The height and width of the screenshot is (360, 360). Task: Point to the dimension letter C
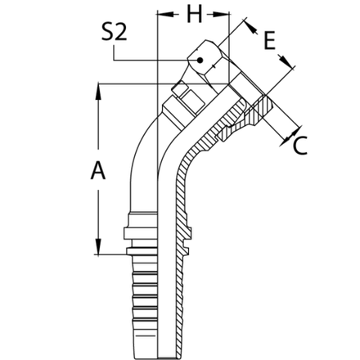tap(300, 147)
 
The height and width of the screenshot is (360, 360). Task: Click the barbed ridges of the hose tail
tap(142, 295)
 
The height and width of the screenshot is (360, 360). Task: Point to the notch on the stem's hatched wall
tap(189, 238)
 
